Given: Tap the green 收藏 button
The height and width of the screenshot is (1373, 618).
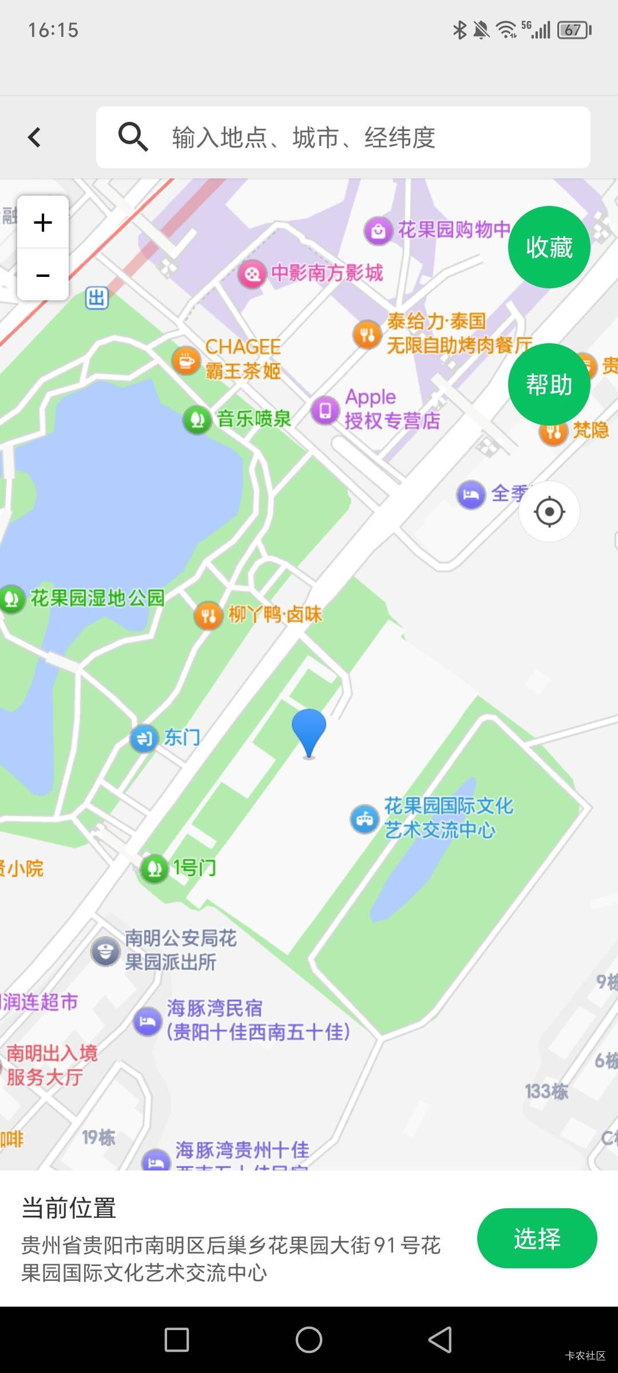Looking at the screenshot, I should [549, 247].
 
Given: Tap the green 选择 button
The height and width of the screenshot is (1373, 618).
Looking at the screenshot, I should [537, 1238].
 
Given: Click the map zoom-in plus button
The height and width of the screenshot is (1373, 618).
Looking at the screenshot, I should [43, 223].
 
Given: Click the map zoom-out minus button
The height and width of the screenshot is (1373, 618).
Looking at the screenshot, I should [43, 275].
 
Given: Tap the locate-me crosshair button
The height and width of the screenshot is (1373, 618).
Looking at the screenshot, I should [549, 511].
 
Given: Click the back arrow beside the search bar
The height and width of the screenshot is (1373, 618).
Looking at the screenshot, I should [34, 137].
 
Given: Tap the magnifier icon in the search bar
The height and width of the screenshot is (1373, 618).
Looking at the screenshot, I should [133, 137].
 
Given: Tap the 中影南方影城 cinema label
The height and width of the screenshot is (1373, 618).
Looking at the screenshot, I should [327, 273].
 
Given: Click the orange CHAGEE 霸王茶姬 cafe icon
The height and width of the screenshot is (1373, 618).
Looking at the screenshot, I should [186, 360].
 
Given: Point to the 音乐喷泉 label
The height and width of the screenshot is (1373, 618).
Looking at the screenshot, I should [254, 419].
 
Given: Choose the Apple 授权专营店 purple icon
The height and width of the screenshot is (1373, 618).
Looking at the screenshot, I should [325, 410].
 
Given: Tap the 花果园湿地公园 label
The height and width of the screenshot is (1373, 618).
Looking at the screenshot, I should [97, 598].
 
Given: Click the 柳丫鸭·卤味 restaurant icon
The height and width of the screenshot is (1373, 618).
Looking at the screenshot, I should [208, 616].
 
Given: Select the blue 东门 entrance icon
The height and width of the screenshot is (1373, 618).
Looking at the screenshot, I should [144, 738].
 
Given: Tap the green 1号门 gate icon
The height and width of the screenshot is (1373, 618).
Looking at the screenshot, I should [154, 869].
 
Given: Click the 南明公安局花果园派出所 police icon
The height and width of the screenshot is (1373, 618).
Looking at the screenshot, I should [105, 951].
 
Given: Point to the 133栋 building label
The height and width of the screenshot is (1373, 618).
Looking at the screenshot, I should [546, 1091].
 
